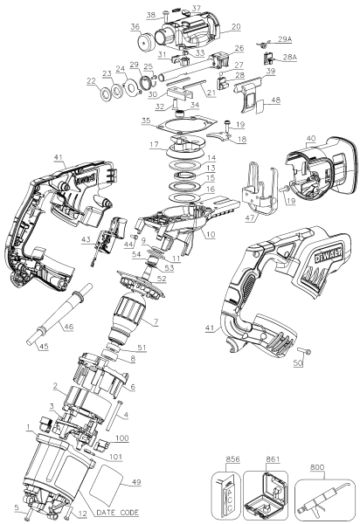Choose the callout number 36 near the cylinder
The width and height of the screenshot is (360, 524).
coord(135,28)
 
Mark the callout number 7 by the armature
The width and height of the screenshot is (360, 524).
coord(156,322)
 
